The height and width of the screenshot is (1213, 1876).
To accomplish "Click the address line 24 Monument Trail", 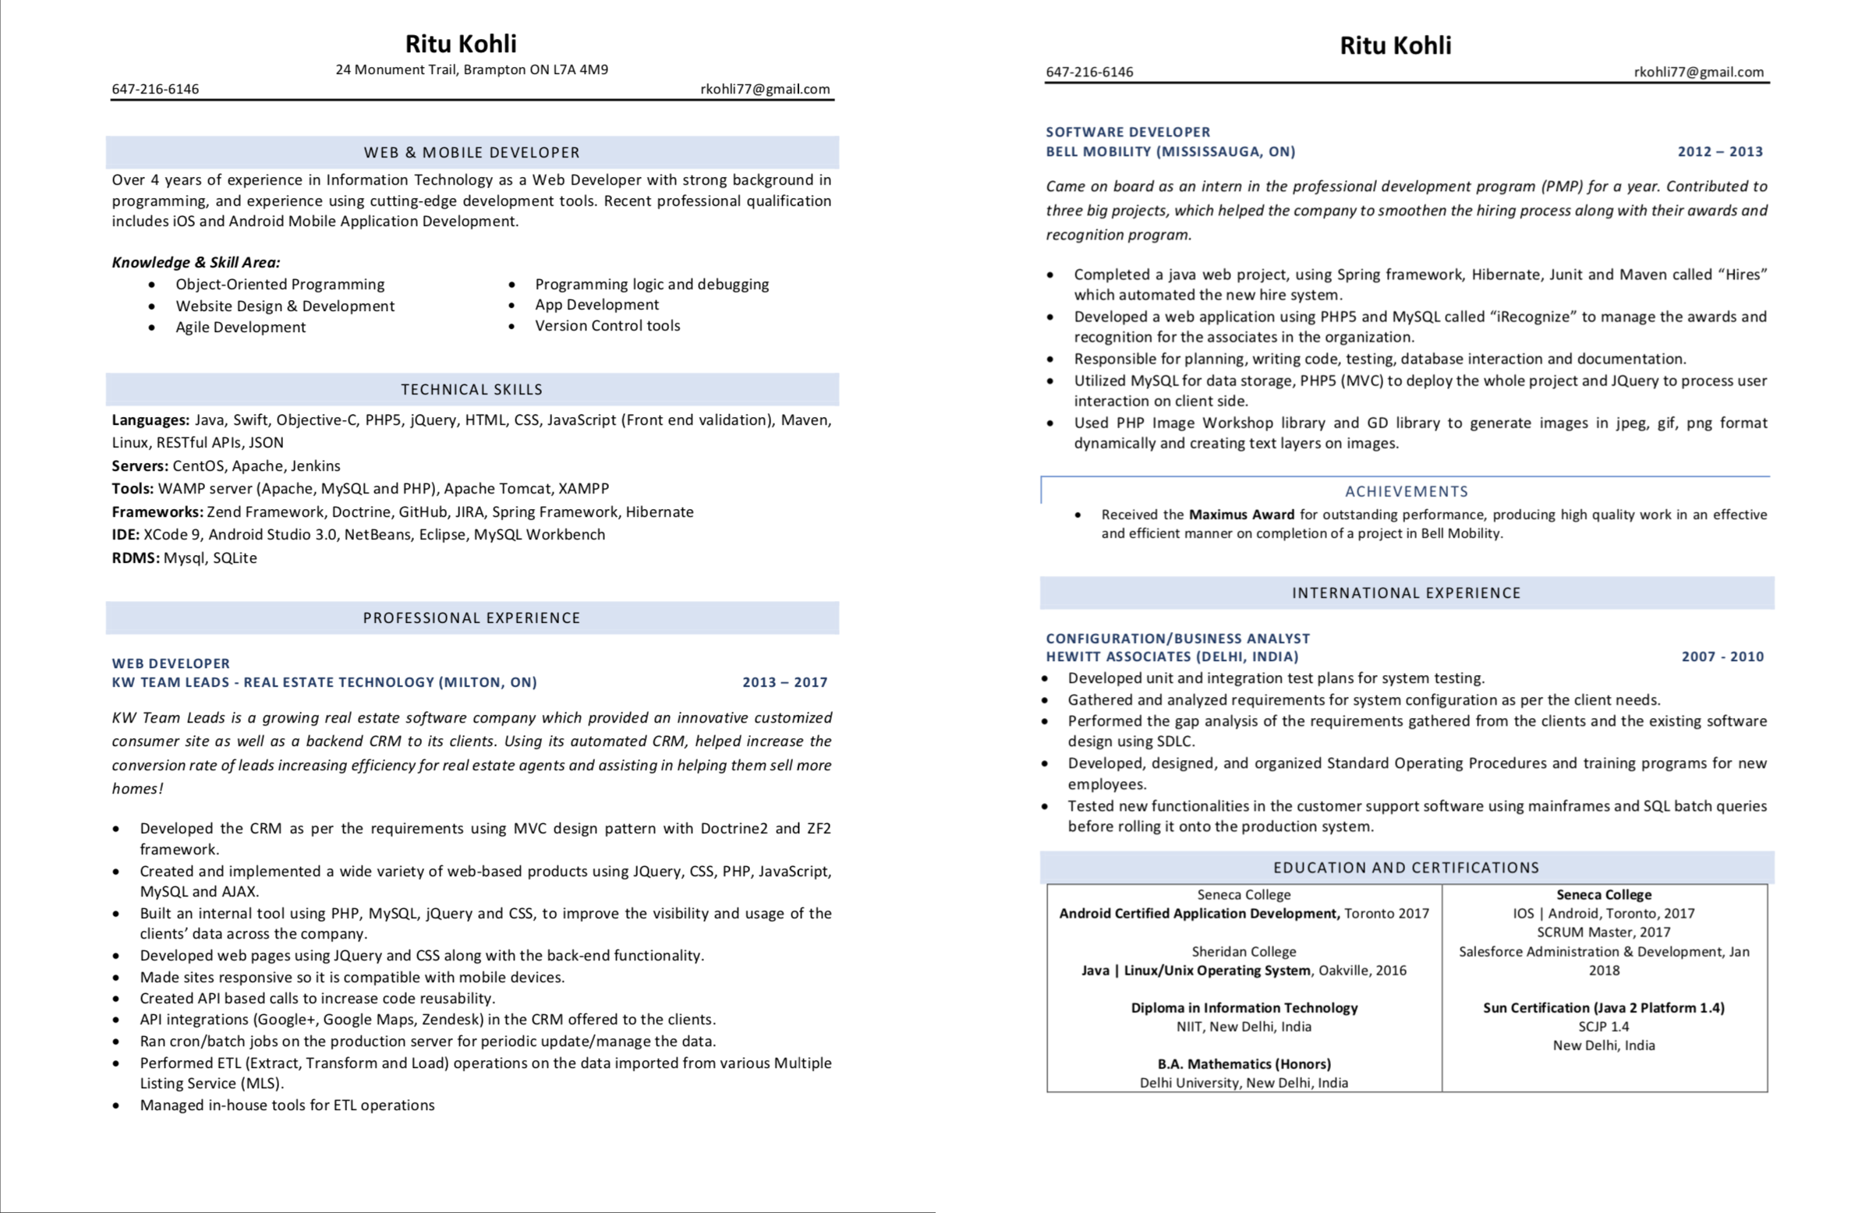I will pyautogui.click(x=471, y=69).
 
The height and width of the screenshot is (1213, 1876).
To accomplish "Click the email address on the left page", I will pyautogui.click(x=764, y=89).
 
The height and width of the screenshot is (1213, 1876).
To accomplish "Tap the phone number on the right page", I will pyautogui.click(x=1088, y=72).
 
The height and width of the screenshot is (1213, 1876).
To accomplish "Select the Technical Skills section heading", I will pyautogui.click(x=471, y=389).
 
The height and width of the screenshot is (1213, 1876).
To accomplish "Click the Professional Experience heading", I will pyautogui.click(x=471, y=617).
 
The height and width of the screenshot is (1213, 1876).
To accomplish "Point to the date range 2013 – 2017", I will pyautogui.click(x=784, y=682).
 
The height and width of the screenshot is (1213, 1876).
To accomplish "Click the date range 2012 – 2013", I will pyautogui.click(x=1719, y=151).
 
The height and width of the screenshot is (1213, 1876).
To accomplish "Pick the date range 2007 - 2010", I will pyautogui.click(x=1722, y=656).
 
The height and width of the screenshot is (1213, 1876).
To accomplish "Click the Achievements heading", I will pyautogui.click(x=1406, y=491).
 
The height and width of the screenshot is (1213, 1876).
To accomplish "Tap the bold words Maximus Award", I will pyautogui.click(x=1241, y=515).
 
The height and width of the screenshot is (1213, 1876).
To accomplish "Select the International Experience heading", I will pyautogui.click(x=1406, y=593).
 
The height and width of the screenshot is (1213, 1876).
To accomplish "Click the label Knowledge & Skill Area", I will pyautogui.click(x=195, y=262).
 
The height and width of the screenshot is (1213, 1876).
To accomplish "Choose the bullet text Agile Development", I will pyautogui.click(x=240, y=327).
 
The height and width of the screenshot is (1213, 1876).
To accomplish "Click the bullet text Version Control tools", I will pyautogui.click(x=607, y=325).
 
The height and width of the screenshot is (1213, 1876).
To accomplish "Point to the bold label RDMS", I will pyautogui.click(x=135, y=557).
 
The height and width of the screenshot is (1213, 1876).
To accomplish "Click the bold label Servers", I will pyautogui.click(x=140, y=465).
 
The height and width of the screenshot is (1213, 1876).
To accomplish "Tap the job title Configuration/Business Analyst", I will pyautogui.click(x=1177, y=638).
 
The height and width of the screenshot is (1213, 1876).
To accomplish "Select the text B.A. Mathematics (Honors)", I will pyautogui.click(x=1244, y=1063).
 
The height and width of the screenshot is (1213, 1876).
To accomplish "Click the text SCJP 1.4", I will pyautogui.click(x=1603, y=1027).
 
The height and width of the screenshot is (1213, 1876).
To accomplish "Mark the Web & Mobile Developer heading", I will pyautogui.click(x=471, y=152).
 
